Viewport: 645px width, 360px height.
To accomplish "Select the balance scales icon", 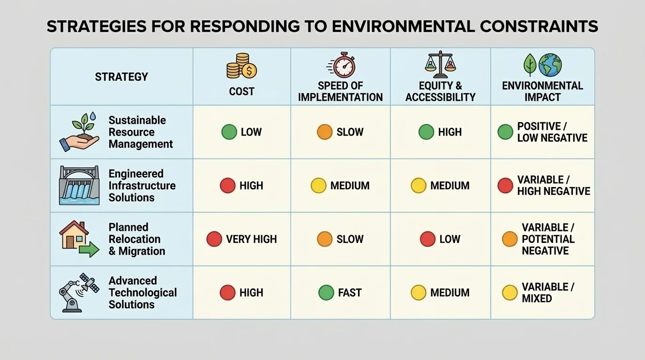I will (x=440, y=65).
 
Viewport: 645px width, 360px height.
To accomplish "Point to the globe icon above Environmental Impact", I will (x=550, y=65).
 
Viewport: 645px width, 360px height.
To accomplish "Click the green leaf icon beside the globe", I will (x=530, y=65).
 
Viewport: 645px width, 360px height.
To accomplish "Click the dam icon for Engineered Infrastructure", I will (x=79, y=185).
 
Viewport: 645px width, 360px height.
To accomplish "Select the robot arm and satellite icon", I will (x=79, y=292).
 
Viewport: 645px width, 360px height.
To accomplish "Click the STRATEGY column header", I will (x=121, y=77).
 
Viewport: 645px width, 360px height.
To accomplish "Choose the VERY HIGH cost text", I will (x=251, y=239).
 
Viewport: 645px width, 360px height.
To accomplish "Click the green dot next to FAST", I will (x=326, y=292).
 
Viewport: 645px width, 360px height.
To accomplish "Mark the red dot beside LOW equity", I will (x=427, y=239).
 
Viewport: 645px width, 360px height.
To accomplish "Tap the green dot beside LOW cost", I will (x=229, y=132).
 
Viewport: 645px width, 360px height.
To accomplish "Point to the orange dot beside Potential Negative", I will (x=510, y=239).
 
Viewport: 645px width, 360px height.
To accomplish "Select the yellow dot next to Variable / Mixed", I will (x=510, y=292).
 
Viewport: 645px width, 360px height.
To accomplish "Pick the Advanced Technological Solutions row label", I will (x=142, y=292).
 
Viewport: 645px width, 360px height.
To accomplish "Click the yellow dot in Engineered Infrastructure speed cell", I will (x=319, y=186).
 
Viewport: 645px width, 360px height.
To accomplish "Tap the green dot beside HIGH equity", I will (x=426, y=132).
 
